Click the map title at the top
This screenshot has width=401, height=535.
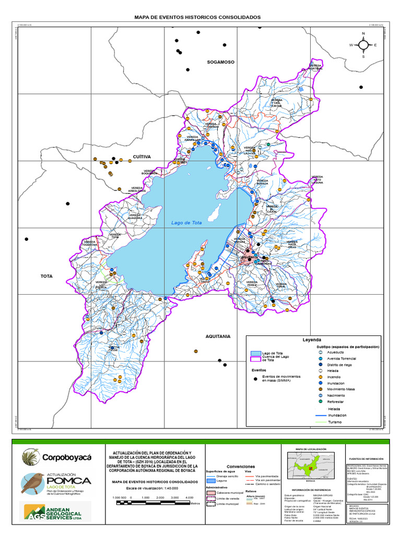pyautogui.click(x=198, y=17)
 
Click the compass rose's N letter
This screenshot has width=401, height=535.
pyautogui.click(x=363, y=34)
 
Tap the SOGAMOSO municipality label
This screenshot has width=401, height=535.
pyautogui.click(x=221, y=62)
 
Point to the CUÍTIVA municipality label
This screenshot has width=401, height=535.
pyautogui.click(x=141, y=156)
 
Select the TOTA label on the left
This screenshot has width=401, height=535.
pyautogui.click(x=48, y=275)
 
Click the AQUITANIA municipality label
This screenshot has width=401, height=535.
pyautogui.click(x=218, y=336)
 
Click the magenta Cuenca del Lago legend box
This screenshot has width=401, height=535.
pyautogui.click(x=255, y=359)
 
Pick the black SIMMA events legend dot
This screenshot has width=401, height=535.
pyautogui.click(x=255, y=378)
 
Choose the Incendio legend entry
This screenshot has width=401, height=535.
pyautogui.click(x=334, y=377)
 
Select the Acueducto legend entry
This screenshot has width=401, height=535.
pyautogui.click(x=335, y=352)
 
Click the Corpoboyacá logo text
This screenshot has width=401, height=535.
pyautogui.click(x=66, y=457)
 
